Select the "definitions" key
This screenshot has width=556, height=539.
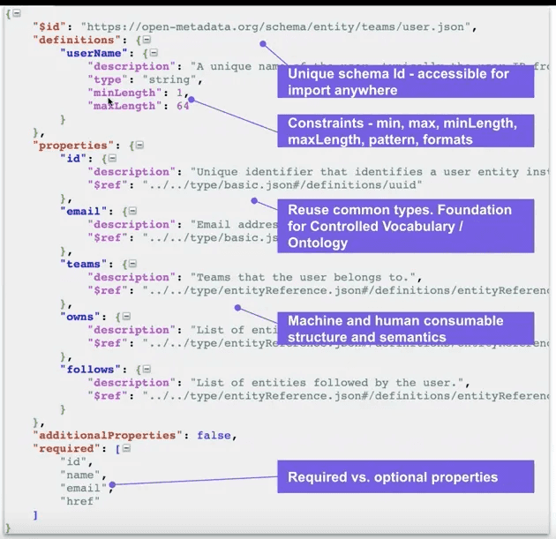[73, 40]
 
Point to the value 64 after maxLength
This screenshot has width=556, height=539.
[183, 106]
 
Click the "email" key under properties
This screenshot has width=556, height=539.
[86, 212]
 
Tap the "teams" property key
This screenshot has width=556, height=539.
[86, 264]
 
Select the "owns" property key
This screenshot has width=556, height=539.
[83, 317]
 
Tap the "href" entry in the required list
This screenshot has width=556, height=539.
[79, 501]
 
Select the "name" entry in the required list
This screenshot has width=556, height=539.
[79, 475]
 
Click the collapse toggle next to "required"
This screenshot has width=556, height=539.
[125, 448]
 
